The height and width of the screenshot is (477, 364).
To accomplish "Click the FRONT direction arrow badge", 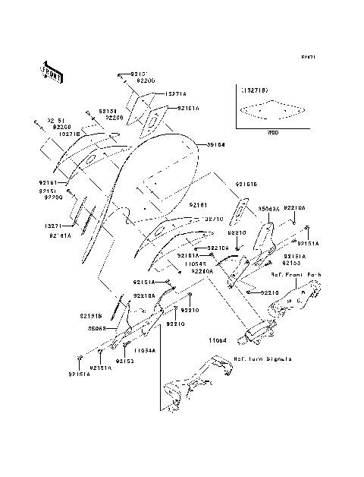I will point(52,71).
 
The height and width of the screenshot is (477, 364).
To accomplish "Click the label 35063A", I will point(269,207).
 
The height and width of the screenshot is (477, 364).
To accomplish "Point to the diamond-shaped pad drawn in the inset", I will point(268,113).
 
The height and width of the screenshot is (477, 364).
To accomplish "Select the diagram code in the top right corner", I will point(307,57).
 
